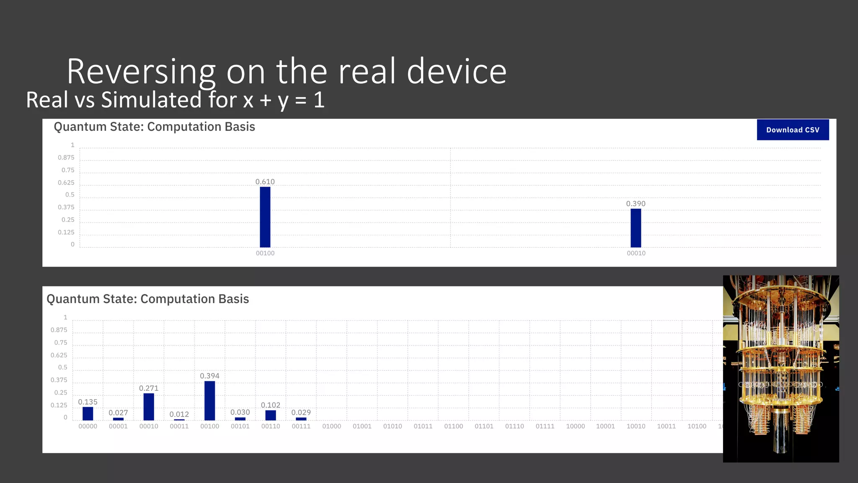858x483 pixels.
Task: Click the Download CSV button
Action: pyautogui.click(x=793, y=130)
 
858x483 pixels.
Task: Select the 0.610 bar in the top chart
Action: pyautogui.click(x=265, y=217)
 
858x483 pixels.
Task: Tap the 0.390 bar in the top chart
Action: pyautogui.click(x=636, y=228)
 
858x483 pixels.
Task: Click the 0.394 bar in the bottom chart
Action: pyautogui.click(x=210, y=400)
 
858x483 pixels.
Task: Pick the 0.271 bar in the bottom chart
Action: pyautogui.click(x=149, y=407)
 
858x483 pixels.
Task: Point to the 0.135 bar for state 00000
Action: pyautogui.click(x=88, y=413)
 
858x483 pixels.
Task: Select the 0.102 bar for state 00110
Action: pyautogui.click(x=271, y=415)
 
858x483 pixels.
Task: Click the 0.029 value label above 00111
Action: pyautogui.click(x=301, y=413)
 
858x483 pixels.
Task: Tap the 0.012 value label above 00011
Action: pyautogui.click(x=179, y=414)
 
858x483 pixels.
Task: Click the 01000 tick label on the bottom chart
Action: pyautogui.click(x=332, y=426)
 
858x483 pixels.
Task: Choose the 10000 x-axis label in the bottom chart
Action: pyautogui.click(x=576, y=426)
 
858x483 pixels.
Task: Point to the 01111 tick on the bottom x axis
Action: pyautogui.click(x=545, y=426)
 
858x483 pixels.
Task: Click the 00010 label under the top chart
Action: pyautogui.click(x=636, y=253)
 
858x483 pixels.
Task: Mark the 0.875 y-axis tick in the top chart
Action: pyautogui.click(x=66, y=158)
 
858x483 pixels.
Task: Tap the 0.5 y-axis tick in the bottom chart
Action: pyautogui.click(x=63, y=367)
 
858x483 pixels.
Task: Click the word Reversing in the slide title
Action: pyautogui.click(x=141, y=72)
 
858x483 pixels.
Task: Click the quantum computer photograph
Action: pyautogui.click(x=781, y=369)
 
